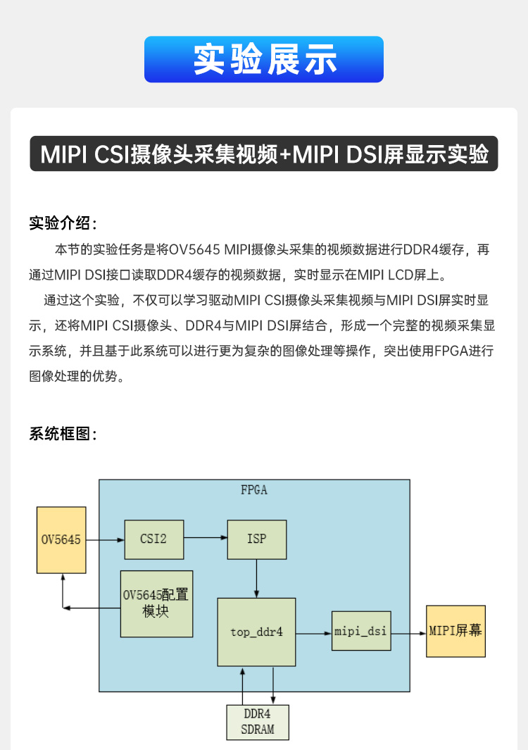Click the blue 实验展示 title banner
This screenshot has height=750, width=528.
(264, 59)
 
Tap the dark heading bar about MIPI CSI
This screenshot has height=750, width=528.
(264, 154)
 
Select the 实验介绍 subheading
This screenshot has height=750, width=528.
(63, 224)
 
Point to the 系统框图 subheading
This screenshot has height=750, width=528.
(63, 434)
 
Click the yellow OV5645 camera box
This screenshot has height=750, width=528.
(61, 540)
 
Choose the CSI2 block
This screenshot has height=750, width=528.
(153, 539)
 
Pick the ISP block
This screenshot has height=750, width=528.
(256, 539)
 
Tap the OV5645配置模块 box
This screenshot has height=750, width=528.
(156, 604)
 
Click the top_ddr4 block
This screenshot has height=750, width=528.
(256, 632)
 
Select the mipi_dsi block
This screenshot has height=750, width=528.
(361, 631)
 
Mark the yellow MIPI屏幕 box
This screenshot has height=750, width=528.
(455, 631)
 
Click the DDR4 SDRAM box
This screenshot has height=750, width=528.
(258, 722)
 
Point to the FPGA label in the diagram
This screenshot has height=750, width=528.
(253, 490)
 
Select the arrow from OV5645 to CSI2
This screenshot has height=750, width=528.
(105, 540)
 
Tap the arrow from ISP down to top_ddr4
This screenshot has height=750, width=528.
(256, 579)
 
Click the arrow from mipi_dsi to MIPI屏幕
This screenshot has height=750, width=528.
(408, 632)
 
